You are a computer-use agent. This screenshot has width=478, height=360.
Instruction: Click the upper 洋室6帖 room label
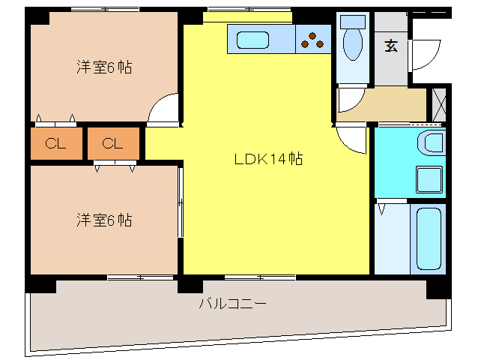[x=104, y=67]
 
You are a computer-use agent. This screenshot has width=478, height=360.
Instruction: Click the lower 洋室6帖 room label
[x=104, y=220]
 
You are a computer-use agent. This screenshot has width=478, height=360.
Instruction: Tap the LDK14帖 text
[x=268, y=159]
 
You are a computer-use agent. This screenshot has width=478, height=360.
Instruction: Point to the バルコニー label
[x=233, y=304]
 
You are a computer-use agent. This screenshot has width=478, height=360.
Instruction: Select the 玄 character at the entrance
[x=391, y=46]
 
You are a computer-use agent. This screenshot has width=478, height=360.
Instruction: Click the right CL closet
[x=112, y=143]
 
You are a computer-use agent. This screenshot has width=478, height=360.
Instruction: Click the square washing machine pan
[x=429, y=181]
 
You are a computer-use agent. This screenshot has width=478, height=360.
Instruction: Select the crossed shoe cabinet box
[x=439, y=104]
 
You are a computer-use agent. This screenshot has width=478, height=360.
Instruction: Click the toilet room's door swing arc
[x=350, y=97]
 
